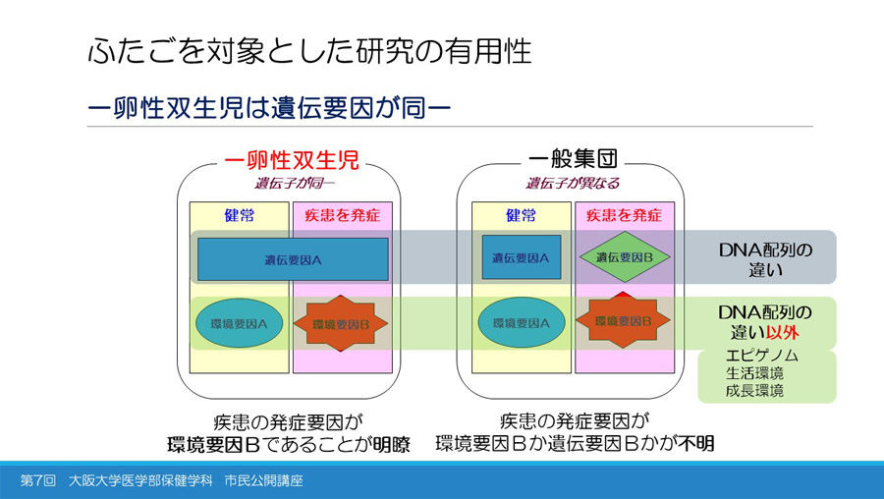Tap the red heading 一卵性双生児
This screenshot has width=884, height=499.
tap(292, 159)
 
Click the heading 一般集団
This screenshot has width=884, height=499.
tap(573, 159)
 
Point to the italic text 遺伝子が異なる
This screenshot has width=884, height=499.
tap(573, 183)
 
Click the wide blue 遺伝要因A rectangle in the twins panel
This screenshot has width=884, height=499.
tap(293, 259)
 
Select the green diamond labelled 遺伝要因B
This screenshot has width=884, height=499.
tap(624, 257)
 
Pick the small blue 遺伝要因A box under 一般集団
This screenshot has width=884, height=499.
tap(521, 257)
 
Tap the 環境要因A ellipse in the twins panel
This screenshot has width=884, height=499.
tap(240, 322)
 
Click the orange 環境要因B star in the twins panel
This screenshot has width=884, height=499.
tap(340, 323)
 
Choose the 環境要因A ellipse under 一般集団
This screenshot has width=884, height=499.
tap(521, 322)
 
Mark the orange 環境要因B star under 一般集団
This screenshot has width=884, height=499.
tap(624, 321)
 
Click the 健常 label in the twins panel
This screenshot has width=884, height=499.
tap(240, 215)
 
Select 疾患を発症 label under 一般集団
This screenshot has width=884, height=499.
tap(624, 215)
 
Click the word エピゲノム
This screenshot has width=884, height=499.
tap(761, 355)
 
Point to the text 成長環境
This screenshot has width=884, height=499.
tap(754, 390)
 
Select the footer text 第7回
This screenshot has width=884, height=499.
tap(39, 481)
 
